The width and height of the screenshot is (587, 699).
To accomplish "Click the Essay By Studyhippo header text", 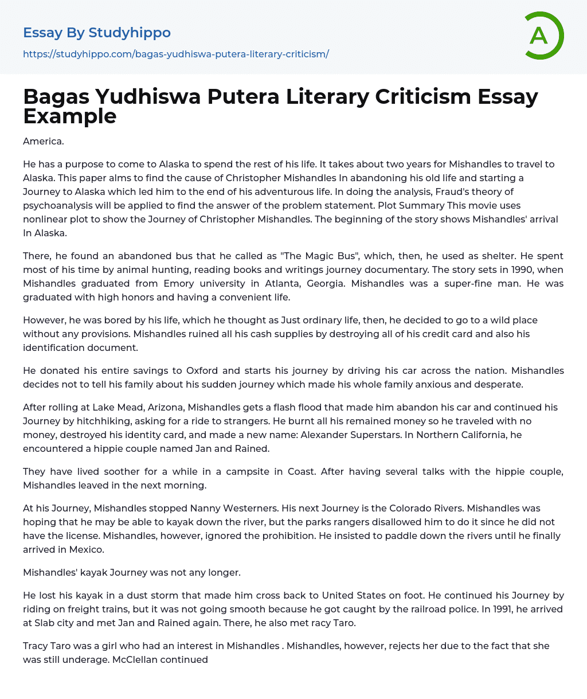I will pos(97,33).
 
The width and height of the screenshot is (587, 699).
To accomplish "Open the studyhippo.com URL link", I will pos(176,54).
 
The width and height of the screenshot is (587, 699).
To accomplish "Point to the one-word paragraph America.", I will pos(42,141).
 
